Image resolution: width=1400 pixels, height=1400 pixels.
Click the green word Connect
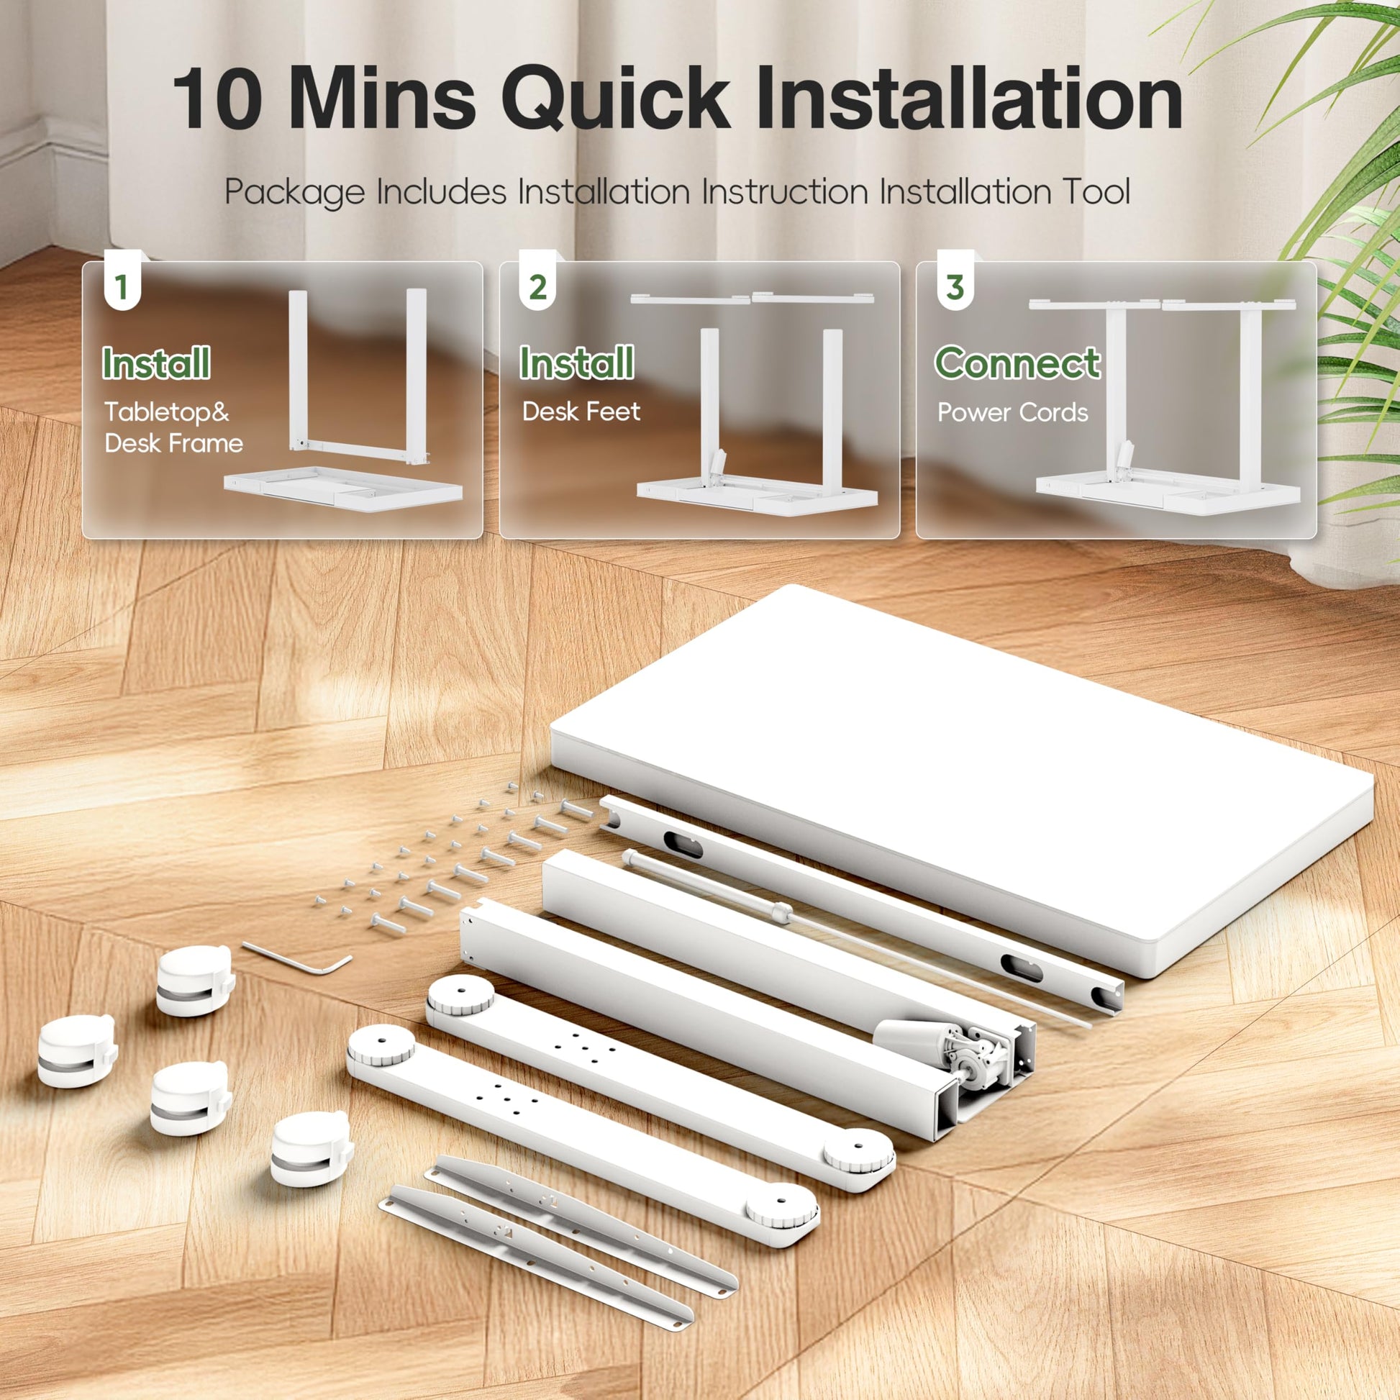pyautogui.click(x=1017, y=363)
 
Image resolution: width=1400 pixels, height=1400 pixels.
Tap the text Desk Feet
pyautogui.click(x=581, y=412)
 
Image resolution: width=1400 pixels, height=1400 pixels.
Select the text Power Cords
pyautogui.click(x=1012, y=412)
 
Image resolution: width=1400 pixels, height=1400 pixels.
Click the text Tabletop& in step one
pyautogui.click(x=167, y=412)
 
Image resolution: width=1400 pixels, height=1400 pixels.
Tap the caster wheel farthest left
pyautogui.click(x=76, y=1050)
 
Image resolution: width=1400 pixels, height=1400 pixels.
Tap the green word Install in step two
pyautogui.click(x=577, y=363)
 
